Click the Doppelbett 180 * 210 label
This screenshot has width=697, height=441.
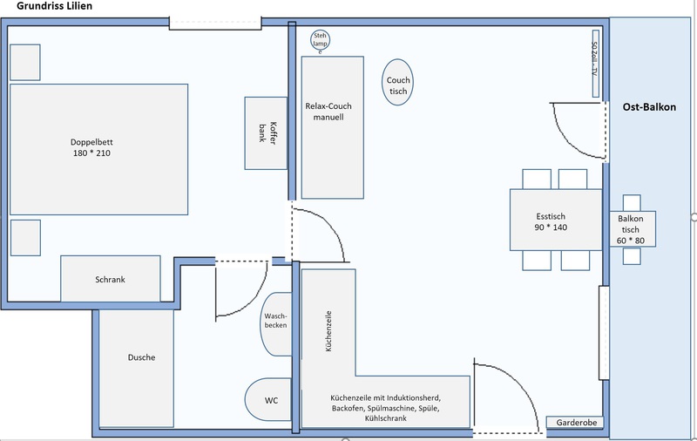[x=91, y=147]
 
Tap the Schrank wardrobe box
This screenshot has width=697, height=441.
[x=111, y=279]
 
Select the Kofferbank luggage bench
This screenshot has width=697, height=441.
[x=266, y=133]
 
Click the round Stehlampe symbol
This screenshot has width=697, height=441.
[x=320, y=40]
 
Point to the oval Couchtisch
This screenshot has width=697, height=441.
[x=397, y=82]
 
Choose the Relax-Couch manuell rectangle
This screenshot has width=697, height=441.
[x=333, y=127]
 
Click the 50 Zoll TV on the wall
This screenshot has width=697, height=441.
[x=596, y=64]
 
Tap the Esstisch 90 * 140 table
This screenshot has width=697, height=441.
[x=556, y=220]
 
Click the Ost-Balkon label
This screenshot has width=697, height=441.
[x=649, y=107]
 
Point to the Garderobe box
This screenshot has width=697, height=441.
[x=575, y=423]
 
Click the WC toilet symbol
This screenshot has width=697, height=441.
[x=268, y=400]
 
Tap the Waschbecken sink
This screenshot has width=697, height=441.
[x=275, y=324]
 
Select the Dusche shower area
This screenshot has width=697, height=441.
[x=136, y=369]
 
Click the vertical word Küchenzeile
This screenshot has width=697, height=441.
[x=328, y=331]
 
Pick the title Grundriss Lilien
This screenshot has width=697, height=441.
[x=55, y=6]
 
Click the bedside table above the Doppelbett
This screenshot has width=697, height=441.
[x=25, y=62]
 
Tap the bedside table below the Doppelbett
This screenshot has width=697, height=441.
[x=25, y=238]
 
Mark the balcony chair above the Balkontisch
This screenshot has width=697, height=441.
[x=632, y=203]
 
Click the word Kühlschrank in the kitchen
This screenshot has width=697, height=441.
[x=385, y=418]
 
